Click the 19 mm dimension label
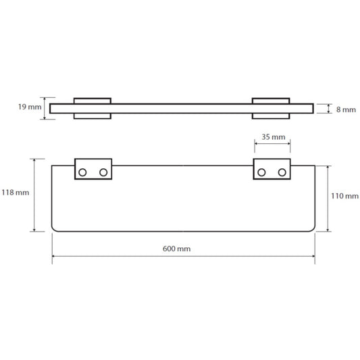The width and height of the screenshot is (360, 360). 30,107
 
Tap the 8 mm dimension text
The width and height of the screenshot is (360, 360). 346,109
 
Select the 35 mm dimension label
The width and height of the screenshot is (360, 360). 274,137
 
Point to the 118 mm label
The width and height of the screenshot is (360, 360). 16,192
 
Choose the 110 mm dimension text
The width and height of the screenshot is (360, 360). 344,196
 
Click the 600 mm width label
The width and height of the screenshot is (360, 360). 176,249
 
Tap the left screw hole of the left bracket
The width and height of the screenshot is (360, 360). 82,172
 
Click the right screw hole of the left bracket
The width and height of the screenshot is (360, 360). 103,172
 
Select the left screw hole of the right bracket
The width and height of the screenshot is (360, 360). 261,172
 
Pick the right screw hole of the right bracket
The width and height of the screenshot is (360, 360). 282,172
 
